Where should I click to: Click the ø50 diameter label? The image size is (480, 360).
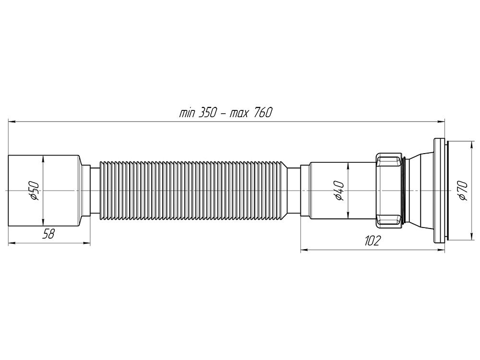[34, 191]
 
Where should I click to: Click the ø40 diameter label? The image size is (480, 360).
[339, 191]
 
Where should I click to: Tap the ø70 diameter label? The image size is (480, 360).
[464, 191]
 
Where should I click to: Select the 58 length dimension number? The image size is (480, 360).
[48, 234]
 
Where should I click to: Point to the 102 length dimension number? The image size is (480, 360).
[372, 241]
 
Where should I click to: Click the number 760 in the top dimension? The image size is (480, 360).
[263, 113]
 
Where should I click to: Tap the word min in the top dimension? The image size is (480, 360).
[187, 113]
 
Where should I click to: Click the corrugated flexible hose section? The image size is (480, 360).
[193, 191]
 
